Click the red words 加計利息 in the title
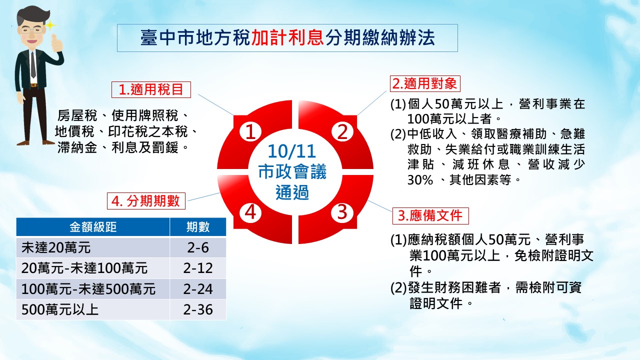tap(287, 37)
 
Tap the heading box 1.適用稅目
tap(151, 89)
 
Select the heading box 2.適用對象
tap(425, 83)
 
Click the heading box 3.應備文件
tap(430, 215)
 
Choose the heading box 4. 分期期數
tap(146, 201)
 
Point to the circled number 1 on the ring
tap(250, 131)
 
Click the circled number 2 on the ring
tap(342, 131)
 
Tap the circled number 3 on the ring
tap(342, 212)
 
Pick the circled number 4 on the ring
tap(250, 212)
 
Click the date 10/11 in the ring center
tap(291, 151)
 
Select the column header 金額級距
tap(93, 227)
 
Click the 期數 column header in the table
tap(198, 227)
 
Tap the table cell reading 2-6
tap(198, 247)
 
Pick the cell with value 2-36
tap(198, 309)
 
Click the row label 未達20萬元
tap(56, 247)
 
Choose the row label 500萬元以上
tap(60, 309)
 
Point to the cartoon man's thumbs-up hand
tap(56, 43)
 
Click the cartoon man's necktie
tap(33, 65)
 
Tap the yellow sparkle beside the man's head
tap(50, 25)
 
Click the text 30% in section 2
tap(420, 180)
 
